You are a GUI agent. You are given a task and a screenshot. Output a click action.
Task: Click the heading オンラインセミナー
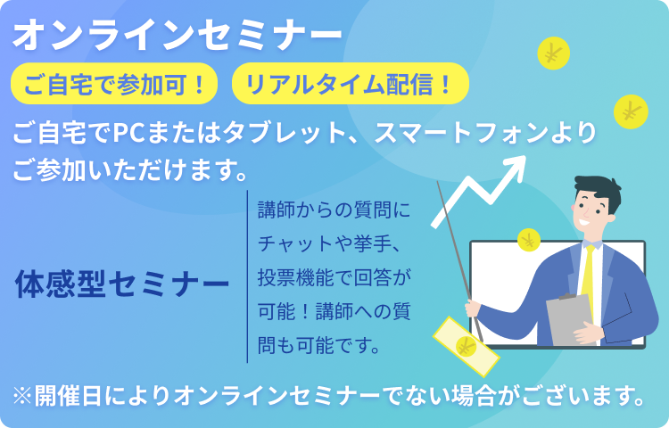coord(178,35)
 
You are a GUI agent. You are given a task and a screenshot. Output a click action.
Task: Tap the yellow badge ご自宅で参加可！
coord(114,84)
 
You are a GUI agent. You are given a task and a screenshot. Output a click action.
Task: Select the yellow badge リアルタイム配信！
coord(351,84)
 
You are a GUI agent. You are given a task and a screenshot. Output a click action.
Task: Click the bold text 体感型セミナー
coord(122,284)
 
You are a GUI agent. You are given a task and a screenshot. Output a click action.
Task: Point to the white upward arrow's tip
coord(525,156)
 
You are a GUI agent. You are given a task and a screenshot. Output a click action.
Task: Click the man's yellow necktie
coord(588,282)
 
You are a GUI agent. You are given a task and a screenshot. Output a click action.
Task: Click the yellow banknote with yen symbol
coord(466,347)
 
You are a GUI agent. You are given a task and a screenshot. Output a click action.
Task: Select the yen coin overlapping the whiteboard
coord(529,241)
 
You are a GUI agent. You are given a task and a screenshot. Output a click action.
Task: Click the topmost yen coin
coord(553,53)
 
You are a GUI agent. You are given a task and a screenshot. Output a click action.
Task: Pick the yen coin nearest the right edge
coord(631,111)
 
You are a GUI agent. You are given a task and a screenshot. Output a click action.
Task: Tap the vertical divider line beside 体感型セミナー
coord(247,276)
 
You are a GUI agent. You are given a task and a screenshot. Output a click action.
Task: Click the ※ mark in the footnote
coord(22,396)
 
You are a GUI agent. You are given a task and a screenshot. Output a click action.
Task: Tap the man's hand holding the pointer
coord(472,307)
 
